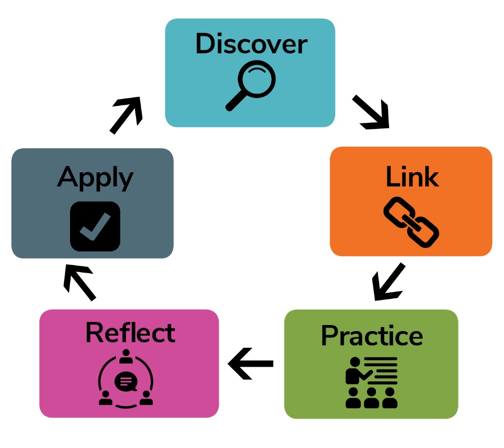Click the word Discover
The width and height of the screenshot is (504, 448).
pos(251,44)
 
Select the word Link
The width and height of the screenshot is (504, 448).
pos(412,176)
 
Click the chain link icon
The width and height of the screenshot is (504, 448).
pos(411,222)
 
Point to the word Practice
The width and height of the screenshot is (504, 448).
pos(372,336)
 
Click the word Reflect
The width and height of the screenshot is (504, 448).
pos(131,333)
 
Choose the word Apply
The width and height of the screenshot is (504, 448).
pos(95,178)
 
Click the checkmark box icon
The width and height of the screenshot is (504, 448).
pos(95,226)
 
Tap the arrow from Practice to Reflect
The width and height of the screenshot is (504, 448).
pos(250,363)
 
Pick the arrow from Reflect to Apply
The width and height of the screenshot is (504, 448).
pos(79,282)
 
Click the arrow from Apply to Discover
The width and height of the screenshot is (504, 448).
pos(126,115)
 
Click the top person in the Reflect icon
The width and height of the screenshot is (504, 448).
pos(126,356)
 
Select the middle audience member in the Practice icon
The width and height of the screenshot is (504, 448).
pos(371,398)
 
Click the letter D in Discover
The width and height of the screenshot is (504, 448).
pos(205,43)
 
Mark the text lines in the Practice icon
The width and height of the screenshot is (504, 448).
pos(381,370)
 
